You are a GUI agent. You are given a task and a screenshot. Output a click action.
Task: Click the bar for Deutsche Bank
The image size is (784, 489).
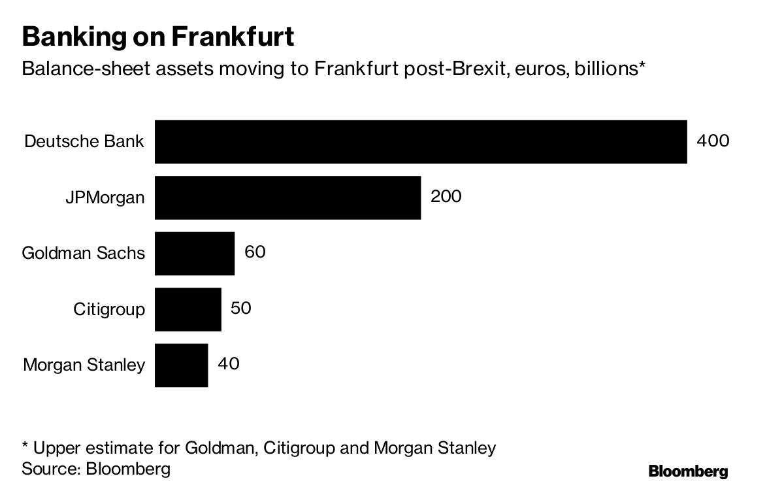click(x=421, y=141)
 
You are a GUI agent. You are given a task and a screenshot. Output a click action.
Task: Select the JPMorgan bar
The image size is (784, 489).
click(x=287, y=197)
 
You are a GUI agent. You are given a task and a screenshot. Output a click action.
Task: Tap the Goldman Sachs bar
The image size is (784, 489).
click(x=195, y=253)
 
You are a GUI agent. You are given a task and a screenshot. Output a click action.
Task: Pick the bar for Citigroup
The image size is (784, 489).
click(x=188, y=309)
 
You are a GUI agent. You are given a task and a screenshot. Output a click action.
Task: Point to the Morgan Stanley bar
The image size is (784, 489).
click(x=182, y=365)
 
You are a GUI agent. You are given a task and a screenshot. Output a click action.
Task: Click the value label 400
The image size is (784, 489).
click(x=713, y=141)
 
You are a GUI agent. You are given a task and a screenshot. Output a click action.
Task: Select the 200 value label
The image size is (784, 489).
click(x=446, y=196)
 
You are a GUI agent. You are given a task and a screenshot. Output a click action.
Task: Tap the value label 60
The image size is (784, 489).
click(x=255, y=252)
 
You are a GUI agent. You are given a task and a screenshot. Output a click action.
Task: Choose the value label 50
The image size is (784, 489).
click(x=241, y=307)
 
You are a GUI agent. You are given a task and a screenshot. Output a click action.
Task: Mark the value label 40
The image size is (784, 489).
click(x=228, y=363)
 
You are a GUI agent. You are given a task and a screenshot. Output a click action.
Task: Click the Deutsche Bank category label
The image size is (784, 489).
click(x=84, y=141)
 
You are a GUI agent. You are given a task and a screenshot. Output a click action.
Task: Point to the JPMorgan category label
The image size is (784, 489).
click(x=105, y=197)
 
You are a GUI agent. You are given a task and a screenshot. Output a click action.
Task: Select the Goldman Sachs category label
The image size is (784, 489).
click(x=84, y=253)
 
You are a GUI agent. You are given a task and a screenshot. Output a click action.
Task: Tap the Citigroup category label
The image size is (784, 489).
click(x=109, y=309)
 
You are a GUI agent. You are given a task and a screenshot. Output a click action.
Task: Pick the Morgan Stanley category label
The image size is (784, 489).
click(x=84, y=365)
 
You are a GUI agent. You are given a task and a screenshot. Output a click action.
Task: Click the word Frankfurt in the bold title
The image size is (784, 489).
click(x=232, y=37)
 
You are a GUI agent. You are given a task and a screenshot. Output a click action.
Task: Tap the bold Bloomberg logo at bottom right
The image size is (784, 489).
click(x=688, y=471)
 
